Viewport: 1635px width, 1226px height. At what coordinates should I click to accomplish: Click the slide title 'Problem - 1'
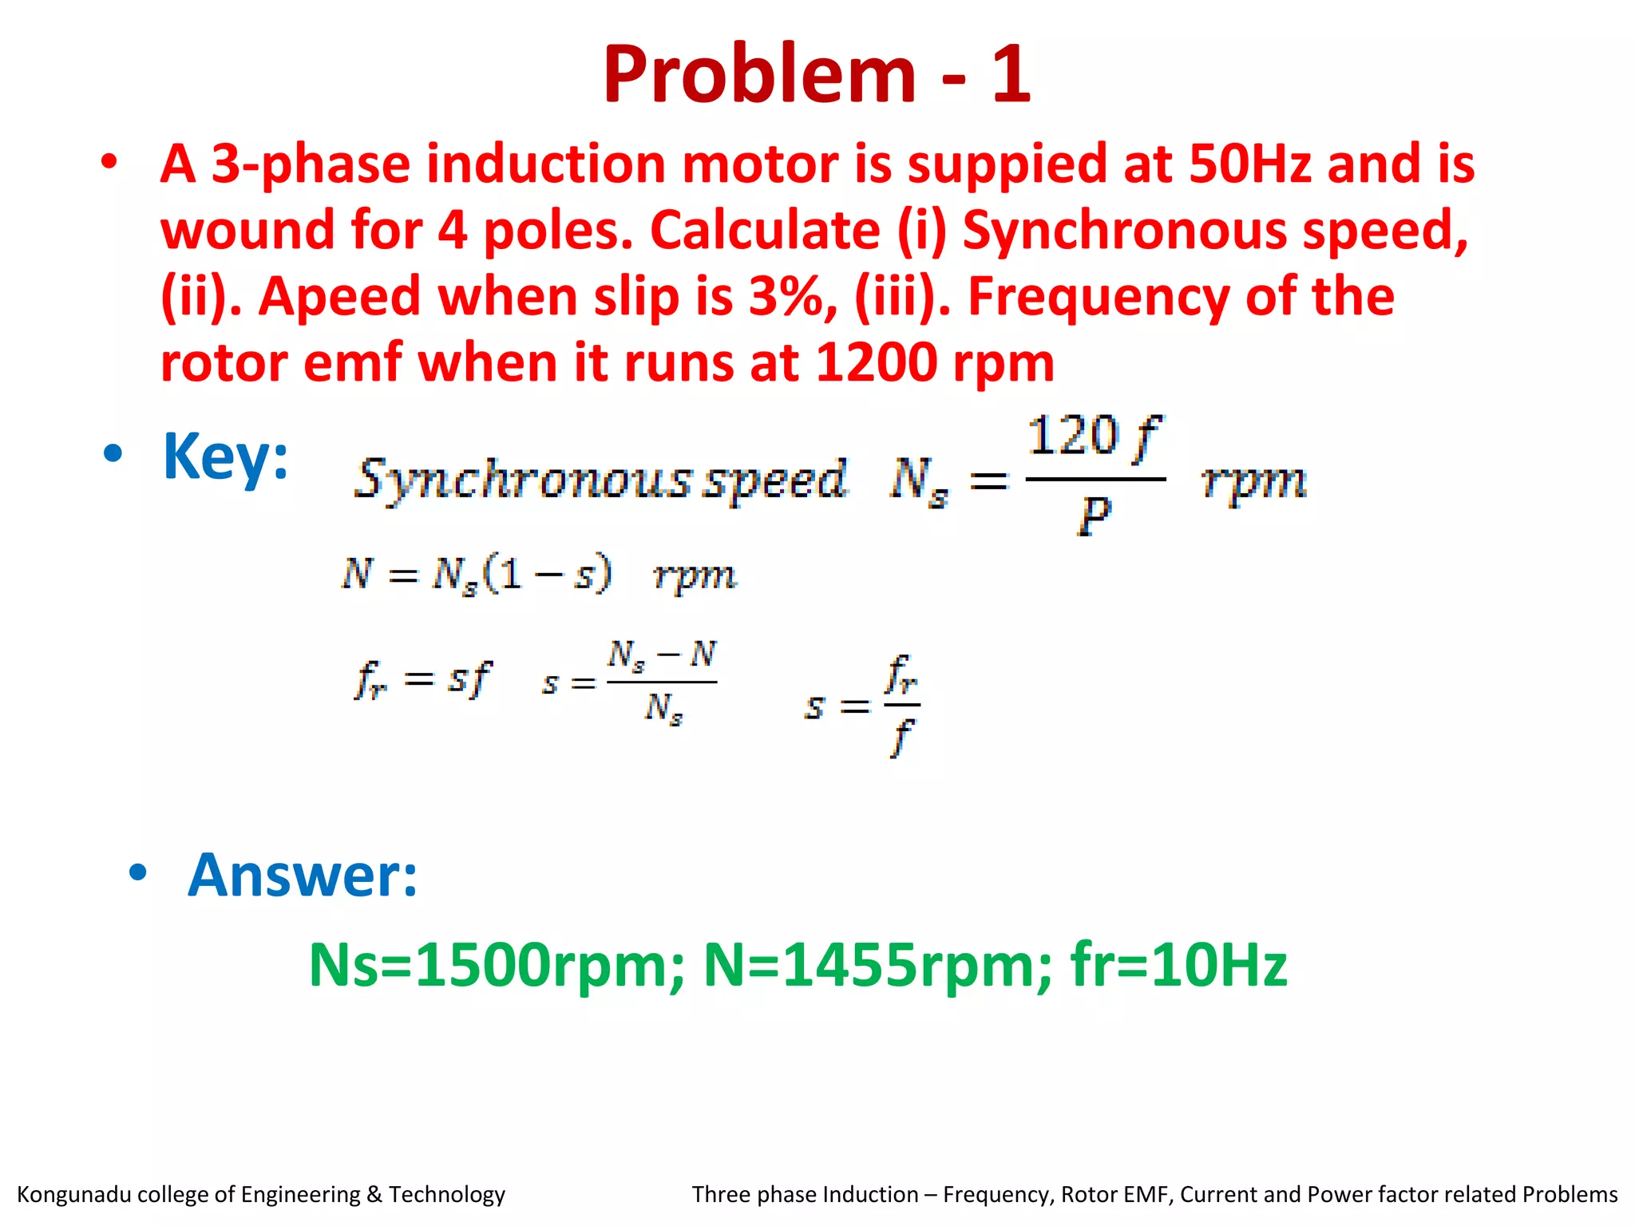(x=817, y=73)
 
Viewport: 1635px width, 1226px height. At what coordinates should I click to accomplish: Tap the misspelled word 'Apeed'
(x=339, y=297)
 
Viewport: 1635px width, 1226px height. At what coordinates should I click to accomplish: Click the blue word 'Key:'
(x=225, y=456)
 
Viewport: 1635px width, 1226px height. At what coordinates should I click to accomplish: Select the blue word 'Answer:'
(x=303, y=876)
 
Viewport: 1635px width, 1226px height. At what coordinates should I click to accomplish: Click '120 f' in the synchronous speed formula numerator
(x=1094, y=437)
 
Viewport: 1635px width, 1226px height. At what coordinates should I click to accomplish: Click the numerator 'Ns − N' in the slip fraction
(x=662, y=656)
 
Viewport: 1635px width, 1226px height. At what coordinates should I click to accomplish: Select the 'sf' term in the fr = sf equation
(x=469, y=679)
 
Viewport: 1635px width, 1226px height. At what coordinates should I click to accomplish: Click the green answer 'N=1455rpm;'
(x=877, y=965)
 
